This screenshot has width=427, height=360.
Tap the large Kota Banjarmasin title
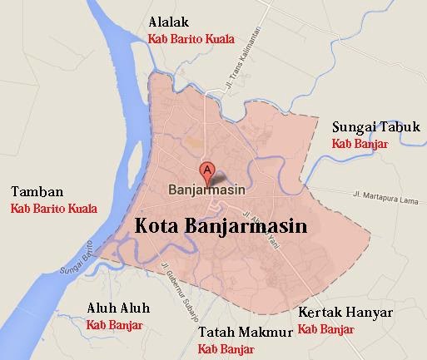coord(221,226)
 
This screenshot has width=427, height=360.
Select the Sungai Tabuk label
coord(376,127)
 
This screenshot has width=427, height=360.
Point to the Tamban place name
coord(32,190)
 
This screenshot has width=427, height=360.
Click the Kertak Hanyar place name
coord(343,313)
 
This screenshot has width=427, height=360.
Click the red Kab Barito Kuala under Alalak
coord(191,38)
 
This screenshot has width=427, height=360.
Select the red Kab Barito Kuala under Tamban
coord(53,208)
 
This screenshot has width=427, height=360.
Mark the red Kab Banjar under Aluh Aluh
coord(115,324)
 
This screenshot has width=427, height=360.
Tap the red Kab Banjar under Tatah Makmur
coord(226,348)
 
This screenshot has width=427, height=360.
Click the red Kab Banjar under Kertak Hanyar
coord(325,329)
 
